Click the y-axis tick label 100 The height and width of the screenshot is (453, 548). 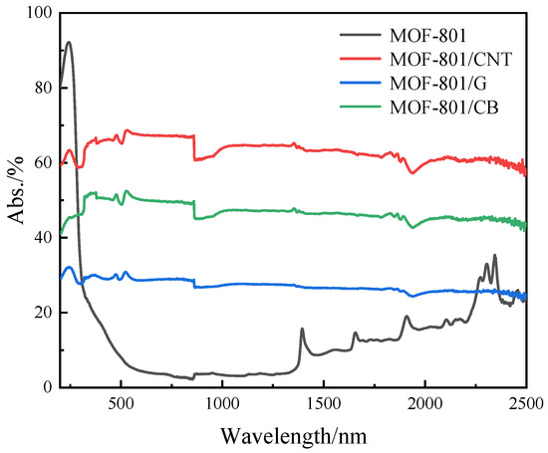pyautogui.click(x=38, y=13)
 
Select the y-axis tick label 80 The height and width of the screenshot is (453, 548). pyautogui.click(x=42, y=88)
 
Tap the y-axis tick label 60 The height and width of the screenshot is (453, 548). pyautogui.click(x=42, y=162)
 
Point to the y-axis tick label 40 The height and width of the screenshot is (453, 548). pyautogui.click(x=42, y=237)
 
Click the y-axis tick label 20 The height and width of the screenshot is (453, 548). pyautogui.click(x=42, y=312)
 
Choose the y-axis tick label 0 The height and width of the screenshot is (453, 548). pyautogui.click(x=46, y=387)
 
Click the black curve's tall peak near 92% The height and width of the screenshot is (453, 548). pyautogui.click(x=68, y=43)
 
